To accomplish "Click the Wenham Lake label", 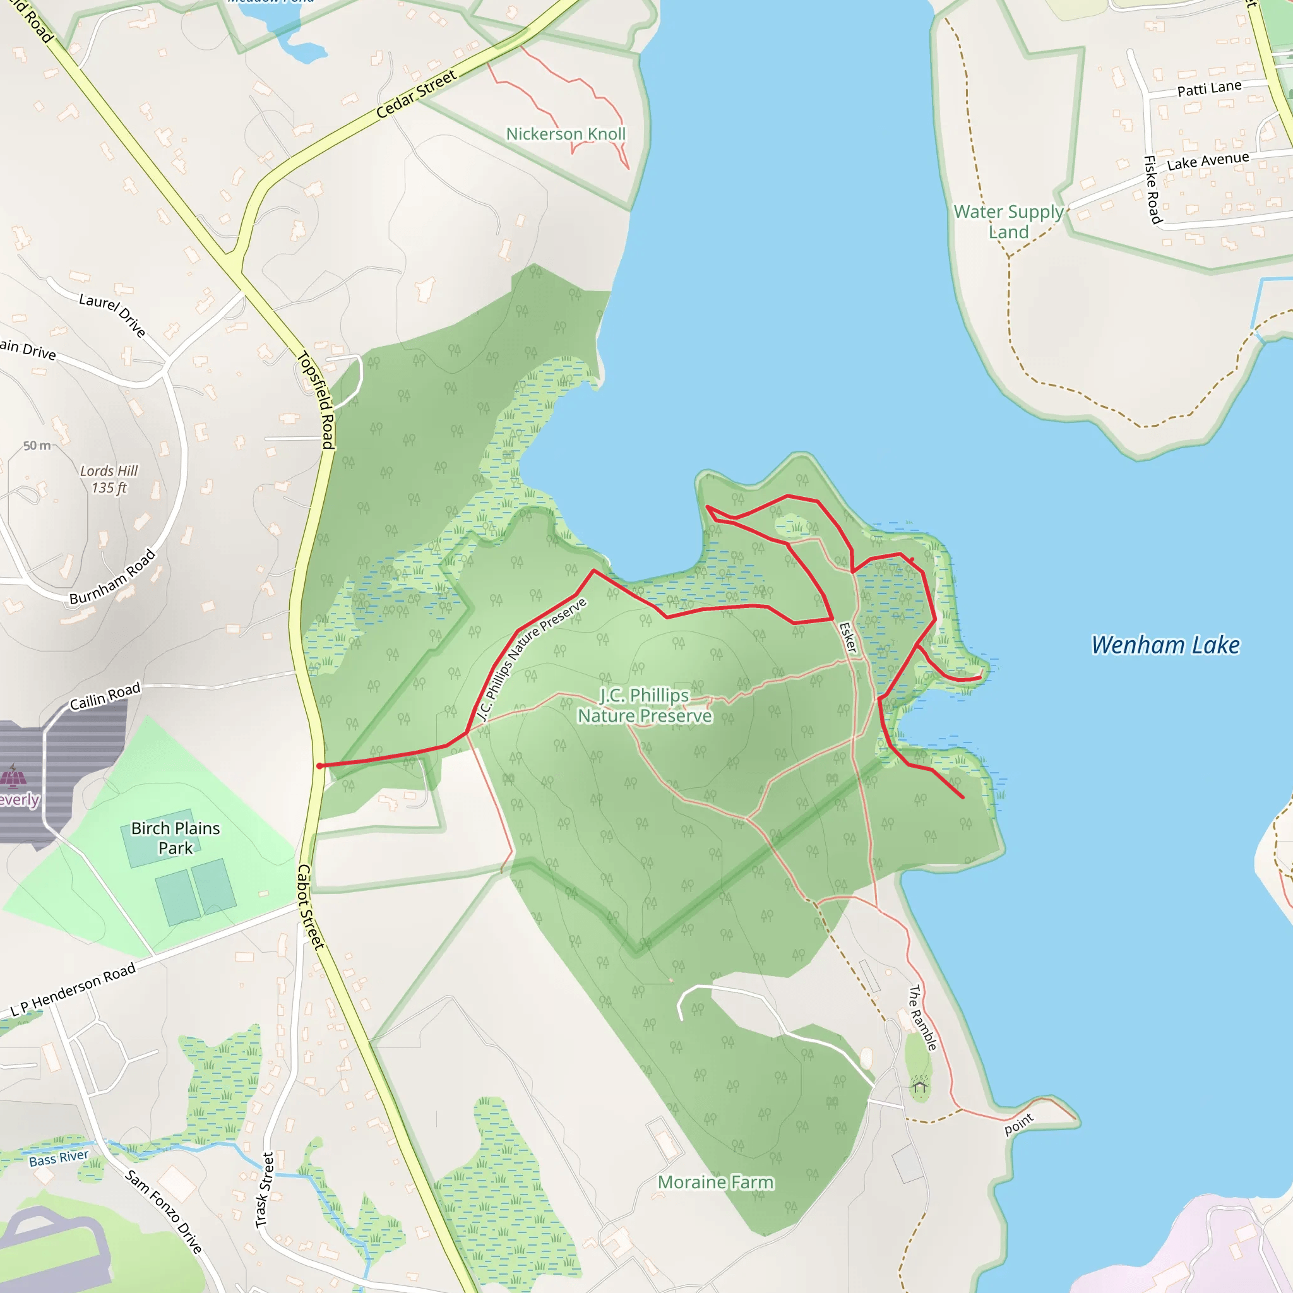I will pos(1165,645).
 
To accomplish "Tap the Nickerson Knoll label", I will pos(566,134).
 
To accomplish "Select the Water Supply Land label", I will pos(1008,222).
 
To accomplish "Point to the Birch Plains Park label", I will pos(176,838).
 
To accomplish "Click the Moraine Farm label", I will pos(715,1183).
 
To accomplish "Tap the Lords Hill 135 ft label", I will pos(109,479).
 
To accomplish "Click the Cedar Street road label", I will pos(416,94).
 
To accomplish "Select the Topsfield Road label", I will pos(316,400).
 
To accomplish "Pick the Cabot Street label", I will pos(310,906).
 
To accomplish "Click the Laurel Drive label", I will pos(112,314).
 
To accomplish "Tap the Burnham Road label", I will pos(113,577).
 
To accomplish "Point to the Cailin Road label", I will pos(105,696).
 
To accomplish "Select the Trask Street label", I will pos(265,1190).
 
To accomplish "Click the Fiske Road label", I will pos(1152,189).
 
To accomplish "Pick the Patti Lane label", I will pos(1209,88).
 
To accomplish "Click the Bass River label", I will pos(59,1159).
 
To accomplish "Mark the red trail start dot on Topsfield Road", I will pos(320,766).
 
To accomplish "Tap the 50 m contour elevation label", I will pos(37,446).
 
